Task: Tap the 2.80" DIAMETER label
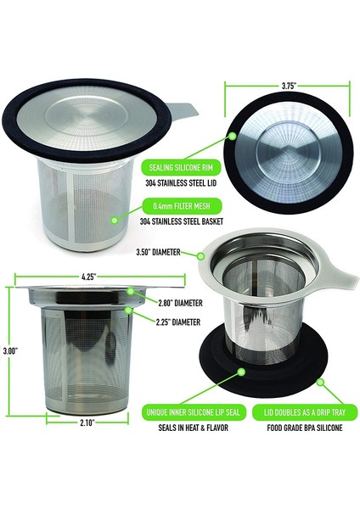tap(177, 304)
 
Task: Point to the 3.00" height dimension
tap(9, 350)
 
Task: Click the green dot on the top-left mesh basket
tap(113, 216)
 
